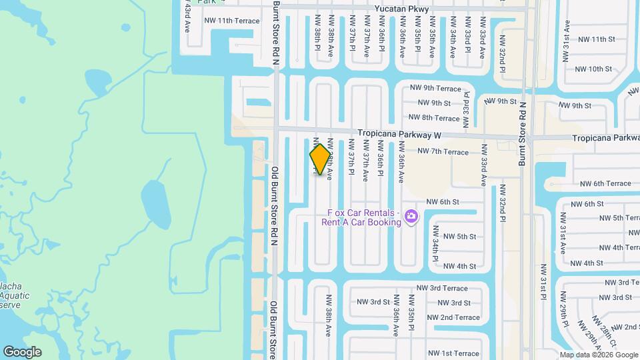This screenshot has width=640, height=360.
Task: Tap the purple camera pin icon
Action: [x=412, y=216]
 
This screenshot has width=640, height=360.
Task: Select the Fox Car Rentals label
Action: [x=364, y=217]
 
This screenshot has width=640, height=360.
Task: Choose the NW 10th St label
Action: [x=593, y=69]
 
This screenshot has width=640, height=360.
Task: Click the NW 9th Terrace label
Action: [x=435, y=88]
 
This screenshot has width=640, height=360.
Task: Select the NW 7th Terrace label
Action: [x=443, y=152]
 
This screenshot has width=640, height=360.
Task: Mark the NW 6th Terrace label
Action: [x=605, y=183]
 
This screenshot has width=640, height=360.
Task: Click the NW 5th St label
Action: [x=459, y=237]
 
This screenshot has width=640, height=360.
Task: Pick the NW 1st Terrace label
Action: [x=453, y=353]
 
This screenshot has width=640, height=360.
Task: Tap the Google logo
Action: [x=22, y=352]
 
